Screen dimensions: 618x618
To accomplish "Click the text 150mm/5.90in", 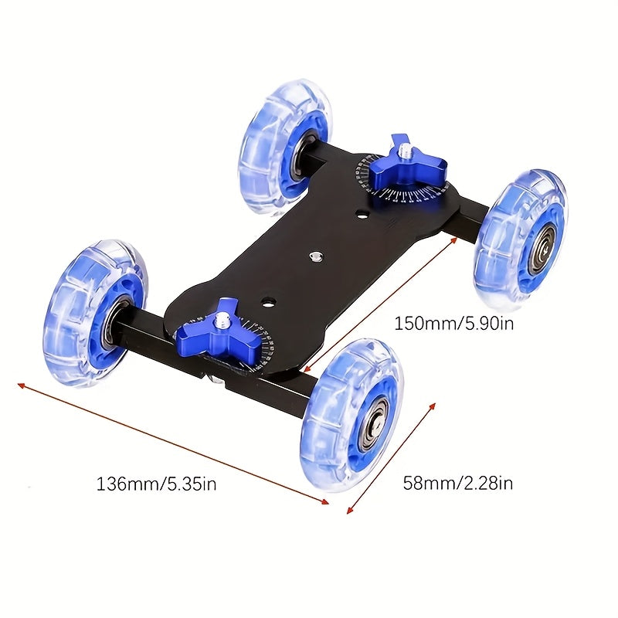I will (x=453, y=322).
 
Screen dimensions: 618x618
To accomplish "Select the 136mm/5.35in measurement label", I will (x=156, y=484).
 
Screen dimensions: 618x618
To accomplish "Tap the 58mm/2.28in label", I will (x=458, y=484).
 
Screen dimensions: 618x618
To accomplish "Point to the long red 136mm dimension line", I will (x=173, y=443).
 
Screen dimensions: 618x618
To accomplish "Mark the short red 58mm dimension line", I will (x=392, y=458).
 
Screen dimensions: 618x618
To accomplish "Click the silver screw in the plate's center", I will (x=314, y=255).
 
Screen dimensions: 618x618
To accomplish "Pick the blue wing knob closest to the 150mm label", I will (x=407, y=165).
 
